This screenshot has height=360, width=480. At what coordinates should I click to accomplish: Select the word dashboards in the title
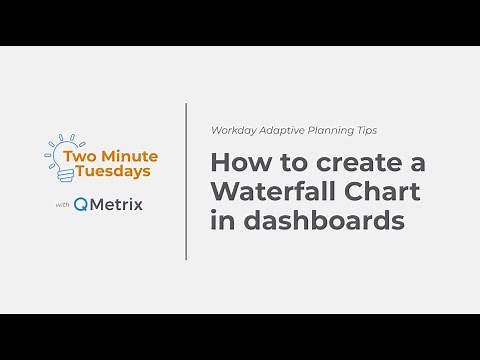pos(320,221)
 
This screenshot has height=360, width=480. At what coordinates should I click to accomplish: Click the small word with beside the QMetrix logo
pos(61,206)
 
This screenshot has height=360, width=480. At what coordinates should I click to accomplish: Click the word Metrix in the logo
pos(118,205)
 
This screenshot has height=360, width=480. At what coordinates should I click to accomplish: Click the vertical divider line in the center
pos(186,180)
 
